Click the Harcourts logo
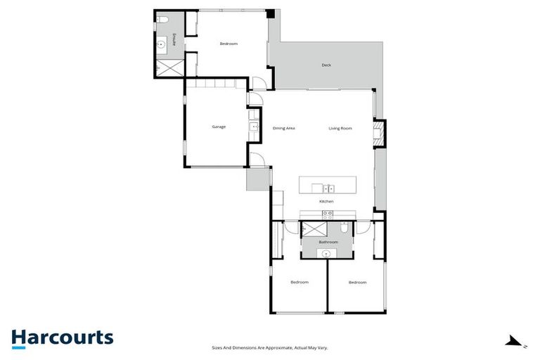[x=62, y=337]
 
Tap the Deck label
[x=326, y=65]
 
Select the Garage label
[x=219, y=127]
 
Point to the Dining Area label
[x=283, y=128]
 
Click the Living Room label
[x=340, y=128]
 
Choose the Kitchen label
[x=326, y=202]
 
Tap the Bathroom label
[x=328, y=242]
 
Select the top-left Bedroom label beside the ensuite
[x=229, y=44]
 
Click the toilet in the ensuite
[x=161, y=20]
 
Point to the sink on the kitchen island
[x=328, y=188]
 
